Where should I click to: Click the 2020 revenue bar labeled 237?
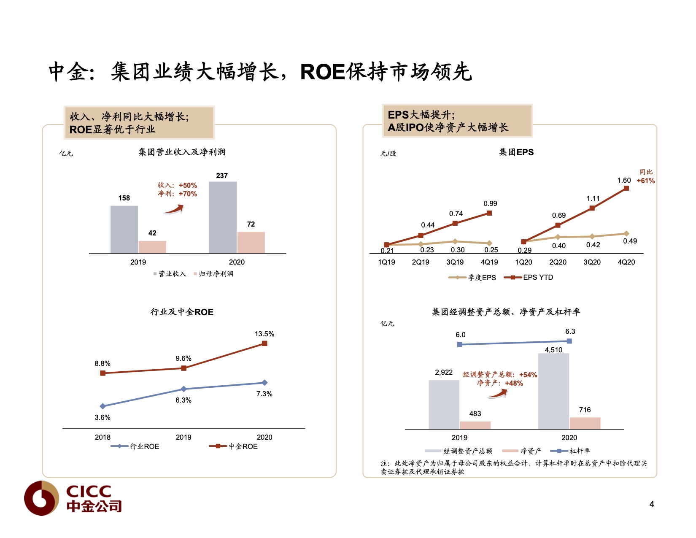pos(223,217)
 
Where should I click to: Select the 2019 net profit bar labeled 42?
pos(152,247)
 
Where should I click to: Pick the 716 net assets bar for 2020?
pos(585,423)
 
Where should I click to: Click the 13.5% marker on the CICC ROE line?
pos(264,343)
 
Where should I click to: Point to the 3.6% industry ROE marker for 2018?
pos(103,406)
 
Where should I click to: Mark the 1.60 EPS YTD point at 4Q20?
pos(626,188)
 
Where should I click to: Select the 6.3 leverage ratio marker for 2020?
pos(569,341)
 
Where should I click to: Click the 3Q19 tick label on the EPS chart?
pos(455,262)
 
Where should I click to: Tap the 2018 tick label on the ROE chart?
pos(103,438)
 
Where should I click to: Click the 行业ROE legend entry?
pos(135,446)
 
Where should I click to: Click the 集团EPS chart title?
pos(516,152)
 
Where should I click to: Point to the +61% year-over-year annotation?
pos(645,181)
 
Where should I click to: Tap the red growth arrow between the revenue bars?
pos(173,209)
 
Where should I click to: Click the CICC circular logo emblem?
pos(41,498)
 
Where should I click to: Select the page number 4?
pos(652,504)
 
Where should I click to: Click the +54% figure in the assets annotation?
pos(528,375)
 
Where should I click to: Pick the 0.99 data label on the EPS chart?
pos(490,204)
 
